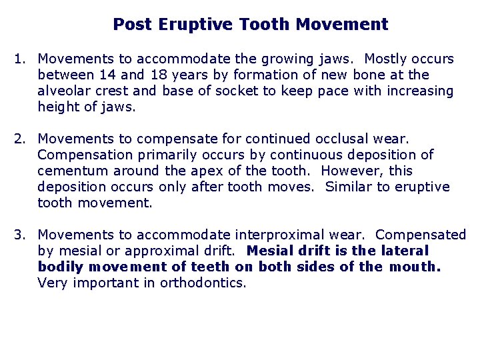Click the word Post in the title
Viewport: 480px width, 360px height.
point(133,25)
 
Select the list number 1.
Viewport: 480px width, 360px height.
point(19,59)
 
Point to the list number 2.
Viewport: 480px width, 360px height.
point(19,139)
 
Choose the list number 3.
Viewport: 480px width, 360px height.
point(19,235)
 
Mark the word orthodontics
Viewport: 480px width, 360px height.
point(203,283)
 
